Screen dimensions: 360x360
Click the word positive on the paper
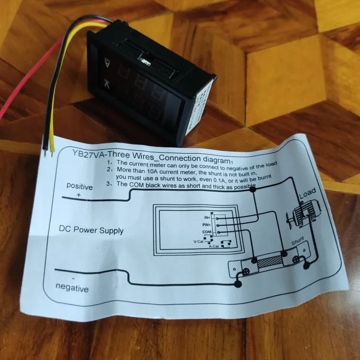tap(79, 186)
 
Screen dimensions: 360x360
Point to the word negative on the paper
tap(72, 289)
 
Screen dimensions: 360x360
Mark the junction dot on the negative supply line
tap(237, 285)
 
